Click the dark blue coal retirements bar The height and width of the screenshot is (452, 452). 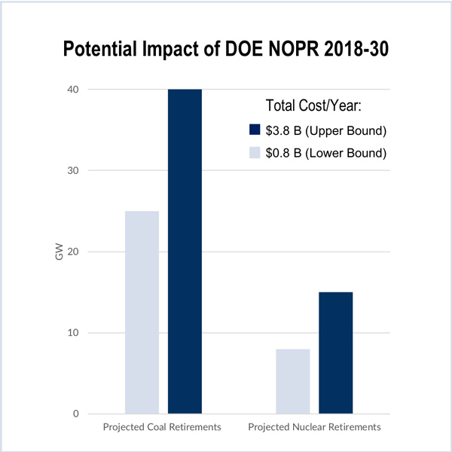coord(185,251)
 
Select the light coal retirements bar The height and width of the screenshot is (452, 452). coord(142,312)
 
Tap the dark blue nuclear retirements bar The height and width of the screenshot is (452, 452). coord(335,352)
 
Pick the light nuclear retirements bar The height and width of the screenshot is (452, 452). coord(293,380)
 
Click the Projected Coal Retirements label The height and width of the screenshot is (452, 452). coord(161,428)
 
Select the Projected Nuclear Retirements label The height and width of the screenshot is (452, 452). coord(314,428)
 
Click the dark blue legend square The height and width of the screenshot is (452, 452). coord(255,131)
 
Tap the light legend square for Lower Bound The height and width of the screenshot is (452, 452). coord(255,153)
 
